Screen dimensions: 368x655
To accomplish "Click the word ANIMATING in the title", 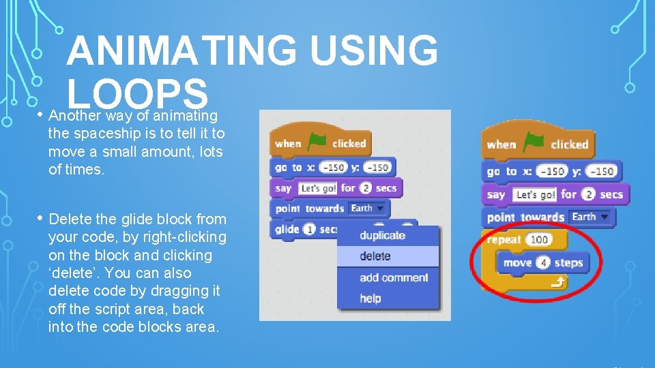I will (x=181, y=51).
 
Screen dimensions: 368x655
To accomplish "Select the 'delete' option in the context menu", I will (x=375, y=256).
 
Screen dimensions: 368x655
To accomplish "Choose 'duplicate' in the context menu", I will (x=382, y=235).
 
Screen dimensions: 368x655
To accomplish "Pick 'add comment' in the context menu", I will (x=394, y=277).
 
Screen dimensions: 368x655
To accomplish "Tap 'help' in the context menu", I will (x=370, y=298).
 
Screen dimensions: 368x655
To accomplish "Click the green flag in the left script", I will (x=317, y=142).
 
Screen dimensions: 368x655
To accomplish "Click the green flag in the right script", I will (x=534, y=142).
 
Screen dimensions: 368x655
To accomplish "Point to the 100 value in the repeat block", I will (x=539, y=239).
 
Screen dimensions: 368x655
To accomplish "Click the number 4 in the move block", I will (x=544, y=262).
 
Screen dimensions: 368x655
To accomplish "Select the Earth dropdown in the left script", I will (x=366, y=208).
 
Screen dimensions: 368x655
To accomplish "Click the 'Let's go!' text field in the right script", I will (x=535, y=194).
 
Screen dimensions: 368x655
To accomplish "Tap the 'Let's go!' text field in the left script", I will (x=318, y=187).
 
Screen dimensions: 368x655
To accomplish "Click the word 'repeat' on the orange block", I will (x=504, y=239).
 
